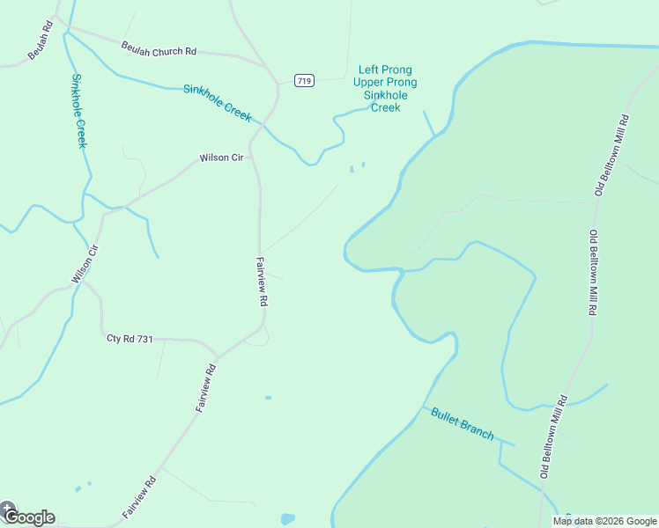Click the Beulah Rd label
pos(41,40)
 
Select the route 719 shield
pos(304,81)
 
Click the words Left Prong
pos(385,70)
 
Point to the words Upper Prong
pos(385,83)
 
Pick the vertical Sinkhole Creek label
pos(78,110)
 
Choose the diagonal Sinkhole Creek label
pos(218,103)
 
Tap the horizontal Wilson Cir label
pos(220,158)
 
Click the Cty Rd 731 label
pos(130,339)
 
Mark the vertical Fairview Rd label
pos(262,281)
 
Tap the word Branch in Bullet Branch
pos(478,430)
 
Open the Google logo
pos(29,517)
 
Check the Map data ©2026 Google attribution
pos(605,521)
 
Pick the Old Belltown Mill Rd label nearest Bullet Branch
pos(552,437)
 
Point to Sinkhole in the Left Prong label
pos(385,95)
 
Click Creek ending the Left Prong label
pos(385,107)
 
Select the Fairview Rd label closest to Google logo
pos(139,496)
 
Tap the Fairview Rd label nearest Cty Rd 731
pos(205,387)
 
